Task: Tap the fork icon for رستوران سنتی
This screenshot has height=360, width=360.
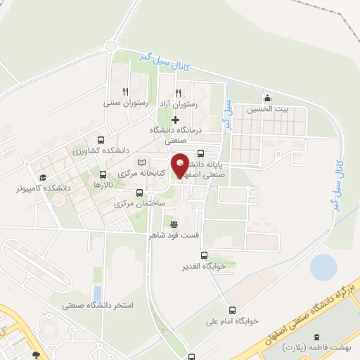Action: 125,91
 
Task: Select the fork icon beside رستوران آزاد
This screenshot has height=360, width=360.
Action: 179,92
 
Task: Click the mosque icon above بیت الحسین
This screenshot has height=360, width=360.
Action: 266,98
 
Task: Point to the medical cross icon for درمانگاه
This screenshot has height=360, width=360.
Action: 175,119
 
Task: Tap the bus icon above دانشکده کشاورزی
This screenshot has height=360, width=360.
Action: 101,140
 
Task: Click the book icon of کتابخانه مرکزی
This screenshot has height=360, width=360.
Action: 141,162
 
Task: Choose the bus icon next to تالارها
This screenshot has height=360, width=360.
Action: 103,174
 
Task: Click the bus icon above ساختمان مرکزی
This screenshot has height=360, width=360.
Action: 139,192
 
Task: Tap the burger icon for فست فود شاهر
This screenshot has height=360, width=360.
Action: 174,224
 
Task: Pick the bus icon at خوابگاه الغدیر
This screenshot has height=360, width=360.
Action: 204,256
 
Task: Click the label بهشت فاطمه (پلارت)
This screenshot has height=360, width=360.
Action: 309,348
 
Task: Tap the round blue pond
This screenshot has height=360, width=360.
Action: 323,266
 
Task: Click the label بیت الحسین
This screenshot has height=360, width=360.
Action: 267,109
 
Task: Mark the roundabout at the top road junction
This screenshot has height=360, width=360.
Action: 110,46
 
